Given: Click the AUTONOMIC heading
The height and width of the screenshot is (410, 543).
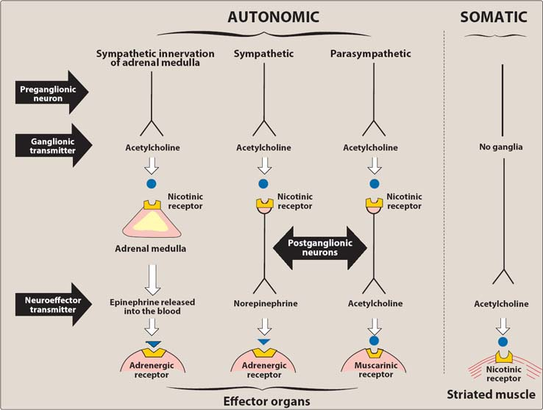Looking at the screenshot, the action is click(273, 17).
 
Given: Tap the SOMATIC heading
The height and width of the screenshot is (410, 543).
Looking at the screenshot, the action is click(494, 17).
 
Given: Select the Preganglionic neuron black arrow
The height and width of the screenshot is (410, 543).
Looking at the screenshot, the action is click(52, 92).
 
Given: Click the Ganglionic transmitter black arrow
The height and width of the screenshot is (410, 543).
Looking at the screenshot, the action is click(54, 146).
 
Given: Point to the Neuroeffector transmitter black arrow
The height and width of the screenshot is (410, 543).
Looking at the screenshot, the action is click(54, 304).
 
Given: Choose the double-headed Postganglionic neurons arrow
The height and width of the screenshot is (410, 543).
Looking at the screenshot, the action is click(320, 248).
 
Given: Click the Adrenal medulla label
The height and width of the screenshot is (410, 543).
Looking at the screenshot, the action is click(150, 249).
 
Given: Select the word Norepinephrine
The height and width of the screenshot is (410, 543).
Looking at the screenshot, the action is click(266, 303).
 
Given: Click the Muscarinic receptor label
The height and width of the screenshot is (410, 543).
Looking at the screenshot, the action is click(376, 370).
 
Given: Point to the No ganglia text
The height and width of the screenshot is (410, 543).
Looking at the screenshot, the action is click(501, 147).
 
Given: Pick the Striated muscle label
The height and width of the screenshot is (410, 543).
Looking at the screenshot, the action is click(491, 395).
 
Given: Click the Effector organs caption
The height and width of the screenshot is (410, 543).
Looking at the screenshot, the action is click(266, 401).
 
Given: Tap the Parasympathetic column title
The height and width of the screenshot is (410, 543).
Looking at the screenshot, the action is click(371, 54).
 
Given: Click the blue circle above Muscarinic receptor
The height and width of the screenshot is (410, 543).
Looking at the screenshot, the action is click(374, 341).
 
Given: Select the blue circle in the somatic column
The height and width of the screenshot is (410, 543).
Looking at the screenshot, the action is click(503, 342).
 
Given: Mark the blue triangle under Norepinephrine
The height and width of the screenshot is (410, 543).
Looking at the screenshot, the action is click(264, 342).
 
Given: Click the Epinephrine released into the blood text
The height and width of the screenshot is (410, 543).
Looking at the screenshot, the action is click(152, 307).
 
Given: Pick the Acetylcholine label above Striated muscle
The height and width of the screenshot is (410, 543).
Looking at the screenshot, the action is click(501, 304).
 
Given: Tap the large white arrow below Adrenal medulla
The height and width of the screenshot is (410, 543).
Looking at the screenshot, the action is click(152, 280).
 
